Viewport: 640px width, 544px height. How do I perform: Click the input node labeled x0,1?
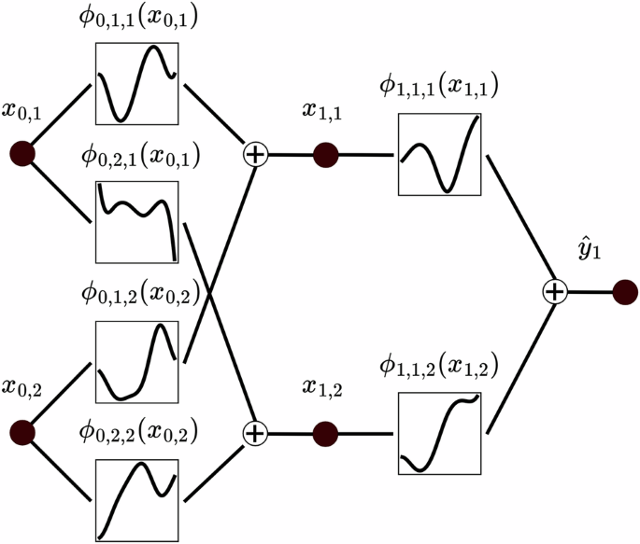tap(21, 154)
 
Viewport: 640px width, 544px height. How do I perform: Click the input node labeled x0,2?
tap(21, 433)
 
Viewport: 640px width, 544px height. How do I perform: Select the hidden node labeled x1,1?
tap(325, 154)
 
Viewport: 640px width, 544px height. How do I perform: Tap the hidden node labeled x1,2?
tap(325, 434)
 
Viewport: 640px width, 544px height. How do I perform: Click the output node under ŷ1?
tap(624, 293)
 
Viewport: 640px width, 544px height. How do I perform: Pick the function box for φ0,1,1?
tap(136, 83)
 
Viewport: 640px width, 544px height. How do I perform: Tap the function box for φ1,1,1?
tap(439, 154)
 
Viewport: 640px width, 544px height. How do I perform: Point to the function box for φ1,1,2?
tap(439, 433)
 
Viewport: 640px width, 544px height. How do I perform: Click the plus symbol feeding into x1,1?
tap(254, 154)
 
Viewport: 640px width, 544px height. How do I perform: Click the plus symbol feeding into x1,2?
tap(254, 433)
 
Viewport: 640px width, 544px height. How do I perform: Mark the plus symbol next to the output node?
tap(555, 293)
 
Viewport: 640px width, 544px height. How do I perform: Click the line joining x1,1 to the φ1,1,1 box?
tap(368, 155)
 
